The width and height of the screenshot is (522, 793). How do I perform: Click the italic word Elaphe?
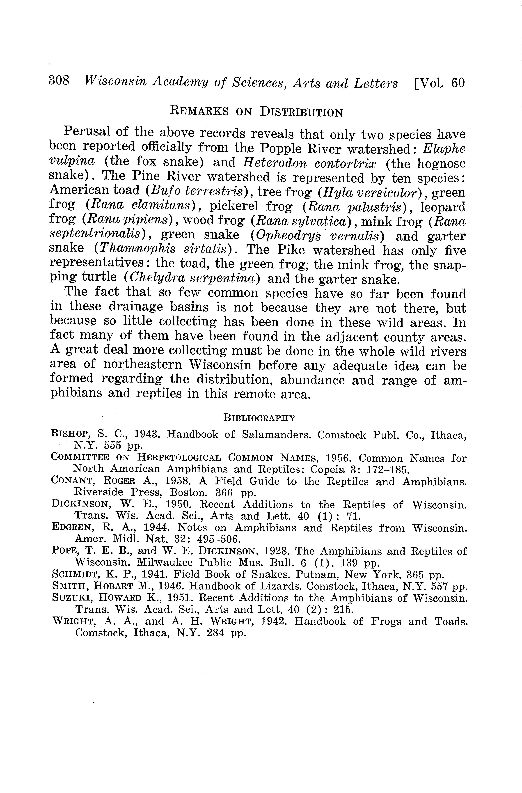click(x=444, y=149)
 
